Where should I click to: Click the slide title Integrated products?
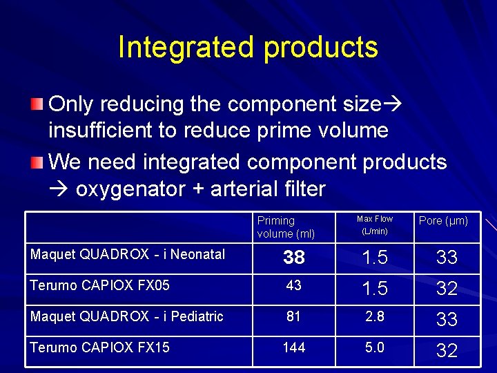click(x=248, y=48)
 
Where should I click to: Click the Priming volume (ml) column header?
click(x=286, y=227)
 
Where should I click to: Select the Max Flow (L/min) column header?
click(x=374, y=225)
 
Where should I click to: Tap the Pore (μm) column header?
click(x=443, y=221)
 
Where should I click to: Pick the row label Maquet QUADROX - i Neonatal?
click(x=128, y=255)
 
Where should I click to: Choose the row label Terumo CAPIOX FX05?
click(x=100, y=285)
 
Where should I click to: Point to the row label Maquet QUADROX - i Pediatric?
click(x=127, y=316)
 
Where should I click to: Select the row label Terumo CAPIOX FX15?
click(x=99, y=347)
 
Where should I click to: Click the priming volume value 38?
click(x=294, y=258)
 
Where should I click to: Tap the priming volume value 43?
click(x=294, y=286)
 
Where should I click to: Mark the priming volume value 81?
click(x=294, y=316)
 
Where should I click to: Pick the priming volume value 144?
click(x=294, y=347)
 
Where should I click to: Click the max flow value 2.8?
click(x=375, y=316)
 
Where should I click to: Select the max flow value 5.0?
click(x=375, y=347)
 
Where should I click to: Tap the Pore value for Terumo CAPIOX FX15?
click(x=447, y=351)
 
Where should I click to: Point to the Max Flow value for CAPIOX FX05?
click(x=375, y=289)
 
